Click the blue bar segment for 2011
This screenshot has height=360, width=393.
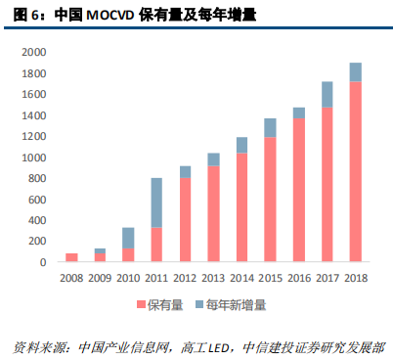pyautogui.click(x=156, y=203)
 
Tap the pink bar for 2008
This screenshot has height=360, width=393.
pyautogui.click(x=71, y=257)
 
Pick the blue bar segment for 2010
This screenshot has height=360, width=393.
pyautogui.click(x=128, y=238)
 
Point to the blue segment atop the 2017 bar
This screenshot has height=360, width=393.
pyautogui.click(x=327, y=94)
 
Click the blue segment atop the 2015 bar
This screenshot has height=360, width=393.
pyautogui.click(x=270, y=127)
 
